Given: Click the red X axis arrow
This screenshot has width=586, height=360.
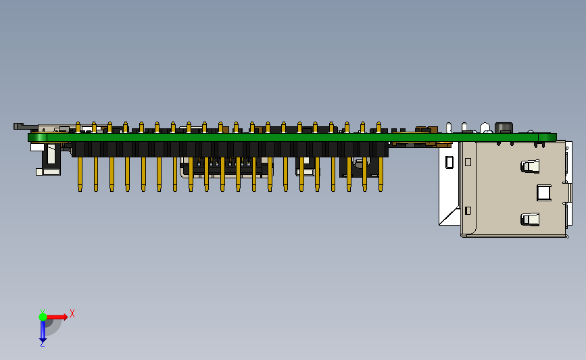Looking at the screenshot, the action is [56, 317].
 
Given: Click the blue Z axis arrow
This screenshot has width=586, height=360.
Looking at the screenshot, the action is [43, 330].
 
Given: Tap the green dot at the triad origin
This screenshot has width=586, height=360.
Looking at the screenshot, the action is [43, 317].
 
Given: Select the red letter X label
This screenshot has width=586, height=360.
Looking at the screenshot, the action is [72, 313].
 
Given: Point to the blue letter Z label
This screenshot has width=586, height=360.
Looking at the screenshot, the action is [42, 344].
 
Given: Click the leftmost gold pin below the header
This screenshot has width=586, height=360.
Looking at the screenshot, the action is [80, 174].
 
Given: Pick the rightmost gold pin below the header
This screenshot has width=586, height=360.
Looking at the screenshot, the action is [381, 174].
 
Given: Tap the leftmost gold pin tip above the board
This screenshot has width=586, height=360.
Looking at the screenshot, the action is [78, 127].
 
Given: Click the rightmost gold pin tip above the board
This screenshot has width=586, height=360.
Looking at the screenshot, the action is [379, 127].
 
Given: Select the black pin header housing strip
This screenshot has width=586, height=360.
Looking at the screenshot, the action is [230, 149].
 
